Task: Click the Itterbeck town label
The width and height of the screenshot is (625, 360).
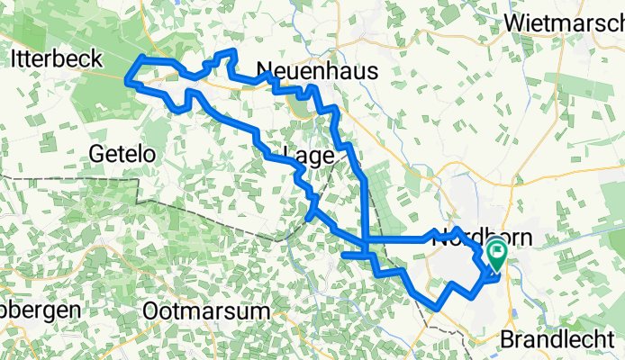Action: click(x=55, y=59)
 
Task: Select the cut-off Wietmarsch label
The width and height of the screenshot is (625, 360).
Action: click(x=566, y=22)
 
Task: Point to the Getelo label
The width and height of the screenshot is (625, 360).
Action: click(x=122, y=154)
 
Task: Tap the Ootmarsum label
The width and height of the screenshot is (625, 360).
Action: click(x=206, y=310)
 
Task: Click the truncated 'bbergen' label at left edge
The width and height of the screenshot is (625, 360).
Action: click(x=41, y=308)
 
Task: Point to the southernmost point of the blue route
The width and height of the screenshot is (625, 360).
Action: click(x=437, y=308)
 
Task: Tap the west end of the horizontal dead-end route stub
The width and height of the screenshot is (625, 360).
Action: click(x=343, y=256)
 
